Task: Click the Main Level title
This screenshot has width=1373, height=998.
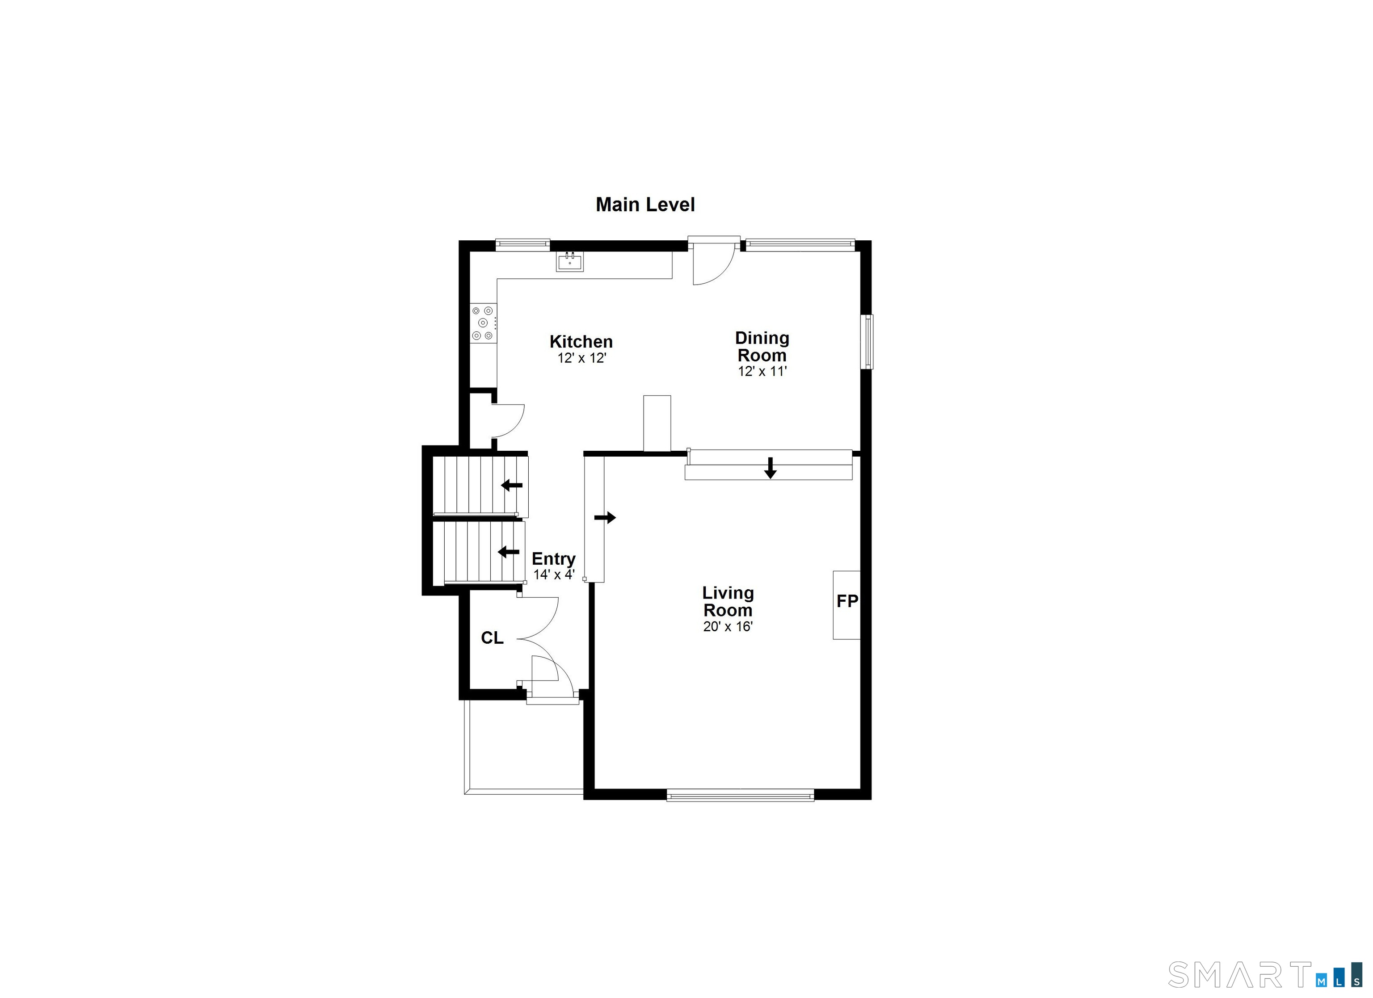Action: tap(645, 205)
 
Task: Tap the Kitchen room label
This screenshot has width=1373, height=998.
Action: tap(581, 341)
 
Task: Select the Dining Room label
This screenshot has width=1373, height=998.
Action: tap(762, 346)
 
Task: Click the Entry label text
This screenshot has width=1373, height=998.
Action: tap(553, 558)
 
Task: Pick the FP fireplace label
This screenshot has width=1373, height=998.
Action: tap(847, 601)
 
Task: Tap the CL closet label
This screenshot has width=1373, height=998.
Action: tap(492, 637)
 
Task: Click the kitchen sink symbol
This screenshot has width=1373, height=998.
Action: tap(570, 262)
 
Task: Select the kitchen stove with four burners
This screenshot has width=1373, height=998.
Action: tap(484, 323)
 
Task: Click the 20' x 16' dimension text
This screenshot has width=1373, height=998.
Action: tap(728, 626)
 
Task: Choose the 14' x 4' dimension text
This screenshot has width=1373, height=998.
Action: tap(554, 574)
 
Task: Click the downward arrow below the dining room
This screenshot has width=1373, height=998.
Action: tap(770, 468)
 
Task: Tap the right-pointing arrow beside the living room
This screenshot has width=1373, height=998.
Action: tap(605, 517)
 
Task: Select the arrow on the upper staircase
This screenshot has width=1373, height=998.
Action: tap(512, 485)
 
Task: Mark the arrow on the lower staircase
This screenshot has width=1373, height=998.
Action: tap(509, 552)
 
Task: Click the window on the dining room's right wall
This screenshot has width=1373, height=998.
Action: tap(869, 341)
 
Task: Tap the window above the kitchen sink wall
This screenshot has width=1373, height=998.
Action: tap(522, 244)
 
